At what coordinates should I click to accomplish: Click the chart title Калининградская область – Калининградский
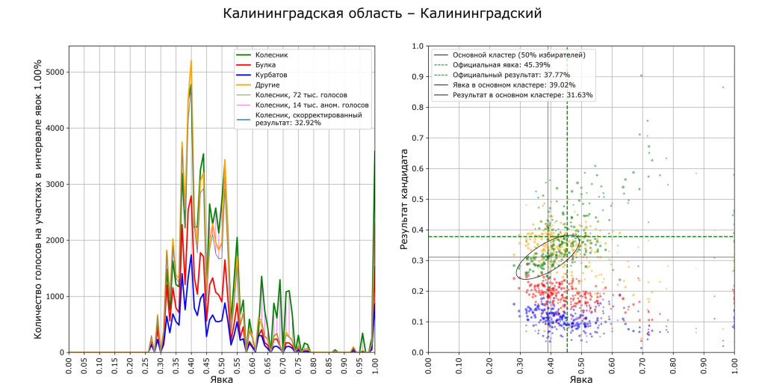pyautogui.click(x=382, y=13)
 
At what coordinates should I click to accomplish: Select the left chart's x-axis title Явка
pyautogui.click(x=221, y=379)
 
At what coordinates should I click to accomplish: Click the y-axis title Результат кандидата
pyautogui.click(x=404, y=200)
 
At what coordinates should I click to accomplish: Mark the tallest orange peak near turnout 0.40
pyautogui.click(x=191, y=61)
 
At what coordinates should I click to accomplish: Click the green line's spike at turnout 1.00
pyautogui.click(x=374, y=151)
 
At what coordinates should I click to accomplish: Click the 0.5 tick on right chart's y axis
pyautogui.click(x=420, y=199)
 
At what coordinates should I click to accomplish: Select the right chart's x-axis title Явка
pyautogui.click(x=581, y=379)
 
